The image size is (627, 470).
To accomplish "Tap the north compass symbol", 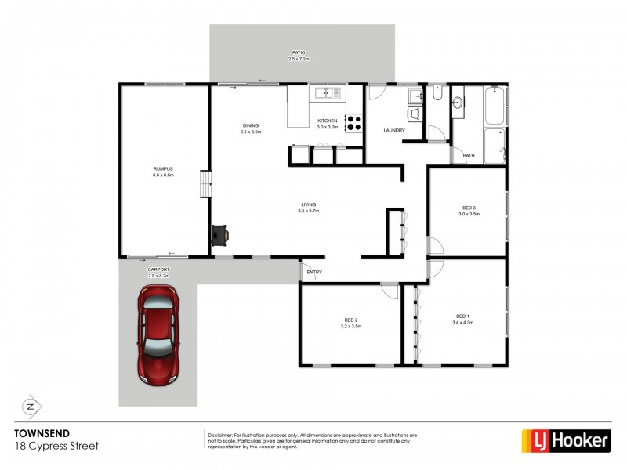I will (31, 406).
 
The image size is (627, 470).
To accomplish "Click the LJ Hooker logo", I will (566, 441).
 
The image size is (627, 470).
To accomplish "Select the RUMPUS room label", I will (163, 169).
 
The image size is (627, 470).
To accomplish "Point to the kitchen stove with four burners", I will (354, 123).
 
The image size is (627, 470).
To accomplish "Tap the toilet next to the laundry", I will (437, 96).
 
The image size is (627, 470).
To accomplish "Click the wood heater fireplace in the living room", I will (220, 233).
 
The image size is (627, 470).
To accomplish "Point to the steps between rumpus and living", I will (205, 185).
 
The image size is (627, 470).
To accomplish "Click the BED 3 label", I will (468, 206).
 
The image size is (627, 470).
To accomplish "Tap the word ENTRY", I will (314, 273).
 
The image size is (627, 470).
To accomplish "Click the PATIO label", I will (299, 53).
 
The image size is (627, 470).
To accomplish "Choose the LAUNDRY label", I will (393, 131).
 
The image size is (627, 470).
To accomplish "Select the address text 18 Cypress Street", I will (56, 445).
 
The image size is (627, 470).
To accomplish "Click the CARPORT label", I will (158, 270).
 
